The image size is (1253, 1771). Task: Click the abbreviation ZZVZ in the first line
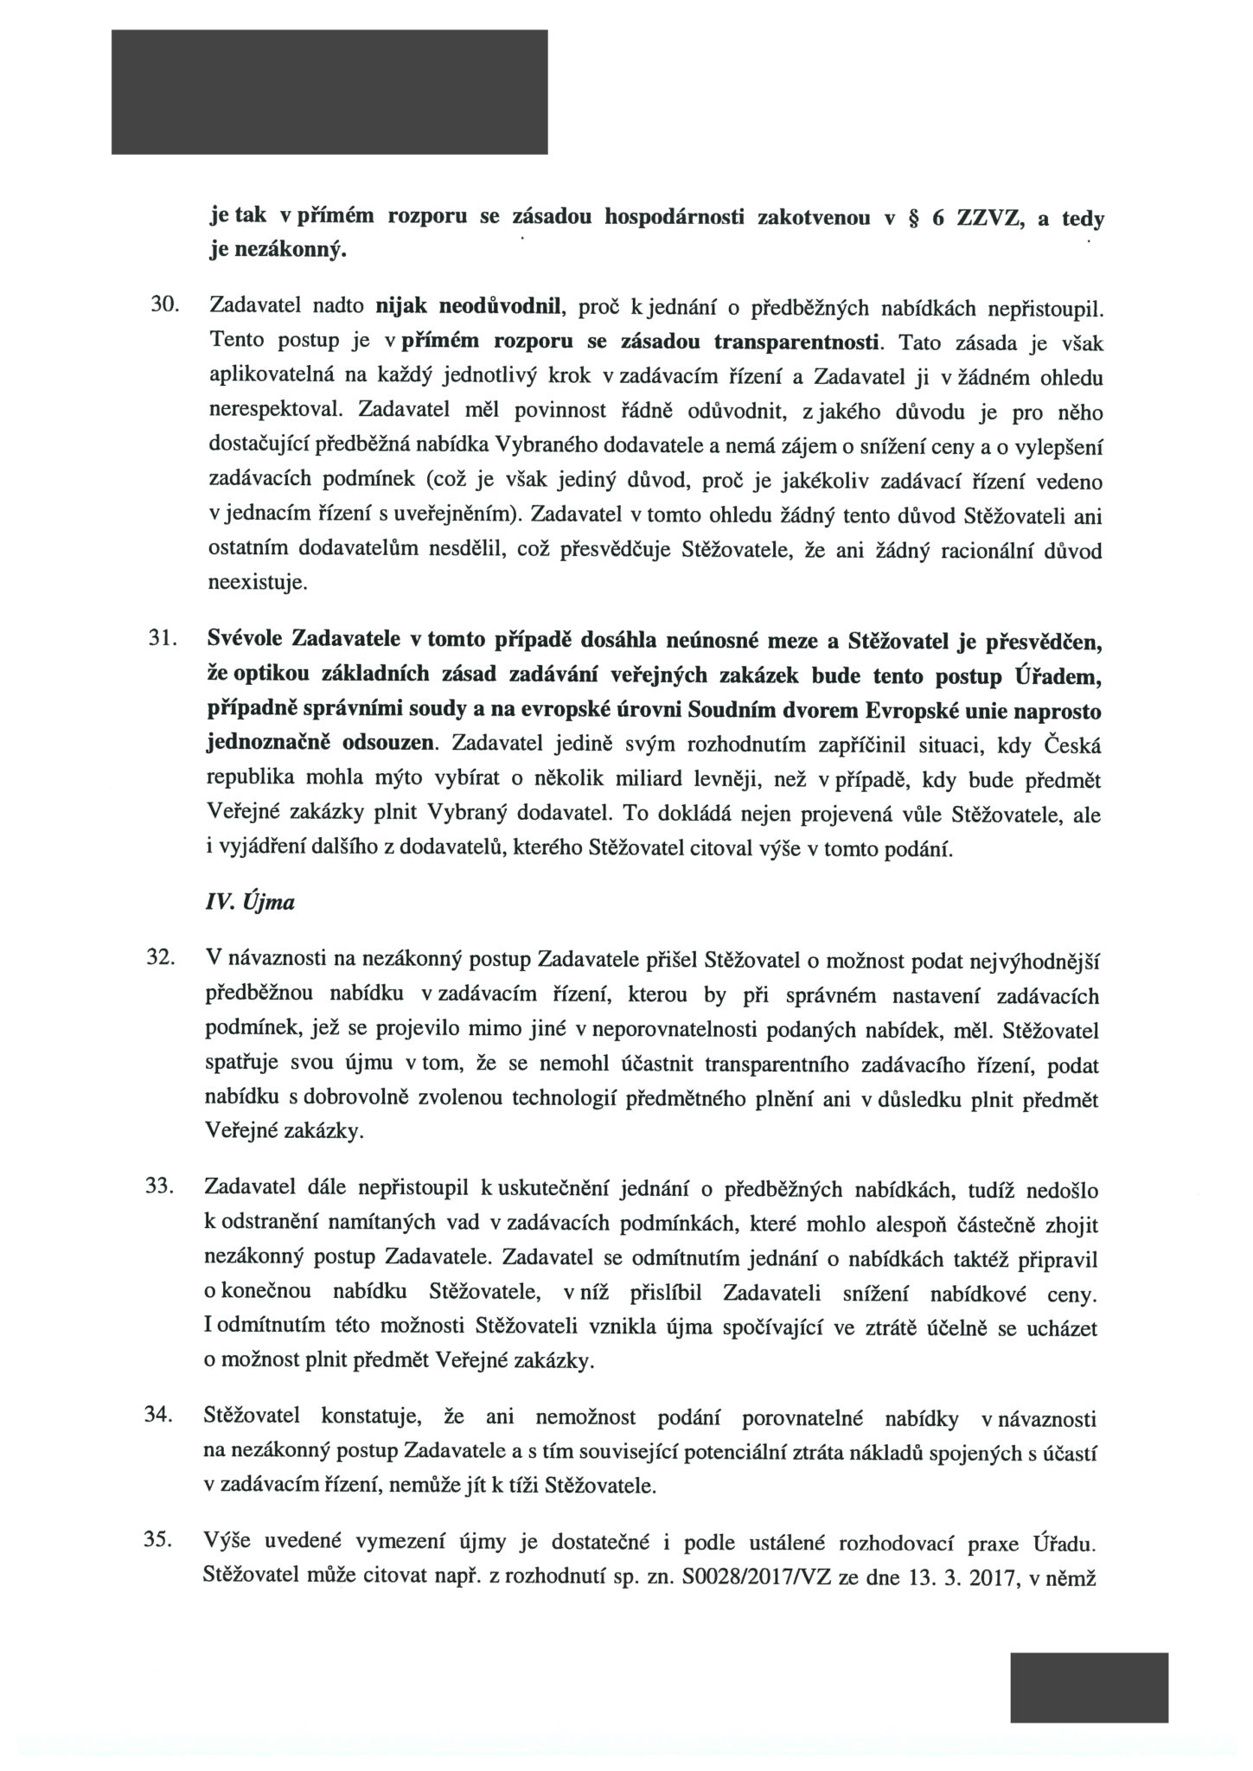pyautogui.click(x=989, y=219)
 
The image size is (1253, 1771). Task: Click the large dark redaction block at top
pyautogui.click(x=329, y=92)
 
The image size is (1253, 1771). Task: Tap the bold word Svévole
pyautogui.click(x=245, y=641)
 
